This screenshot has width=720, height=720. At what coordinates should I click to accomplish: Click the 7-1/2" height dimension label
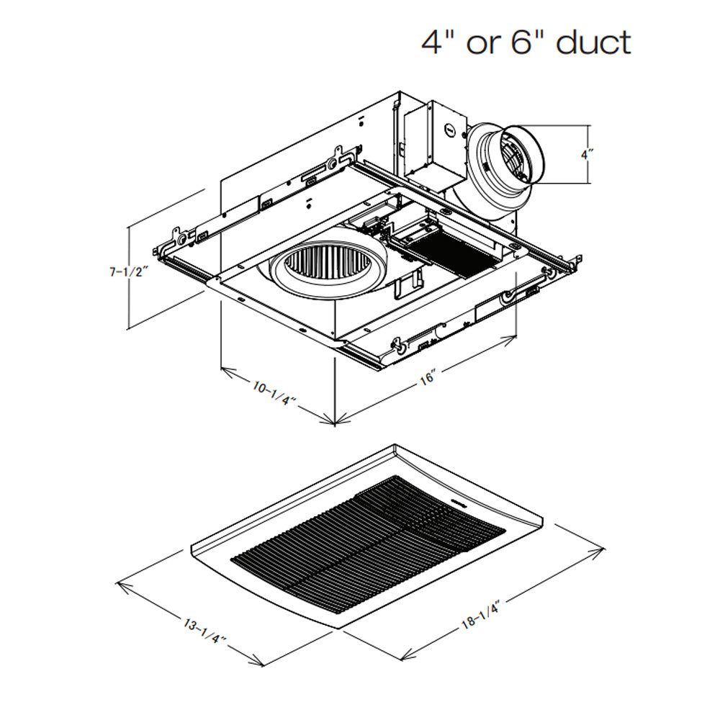point(129,272)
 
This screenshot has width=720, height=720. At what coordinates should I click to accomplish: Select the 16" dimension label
point(428,377)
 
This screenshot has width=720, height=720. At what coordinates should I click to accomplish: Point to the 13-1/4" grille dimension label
point(204,631)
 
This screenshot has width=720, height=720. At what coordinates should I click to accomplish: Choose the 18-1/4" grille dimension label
point(480,616)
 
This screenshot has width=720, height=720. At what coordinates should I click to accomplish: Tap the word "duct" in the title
point(593,42)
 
